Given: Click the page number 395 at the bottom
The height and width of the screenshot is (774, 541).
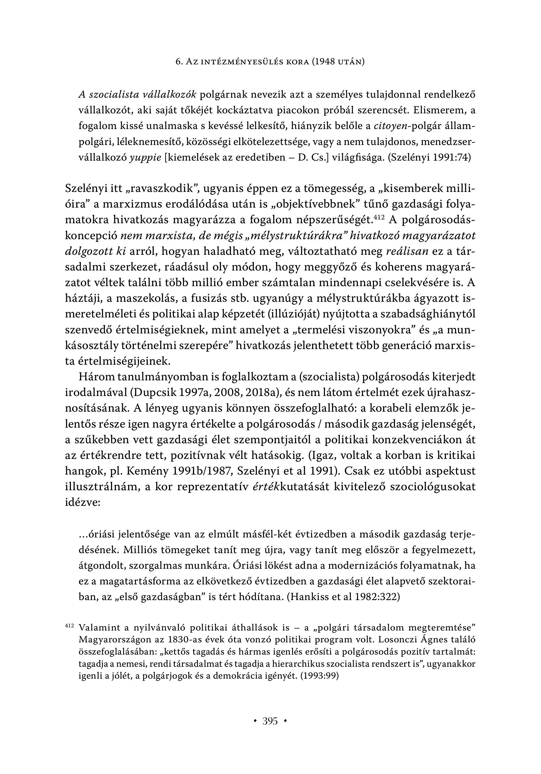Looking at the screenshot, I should [270, 722].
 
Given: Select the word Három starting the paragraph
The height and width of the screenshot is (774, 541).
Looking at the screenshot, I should [95, 377].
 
